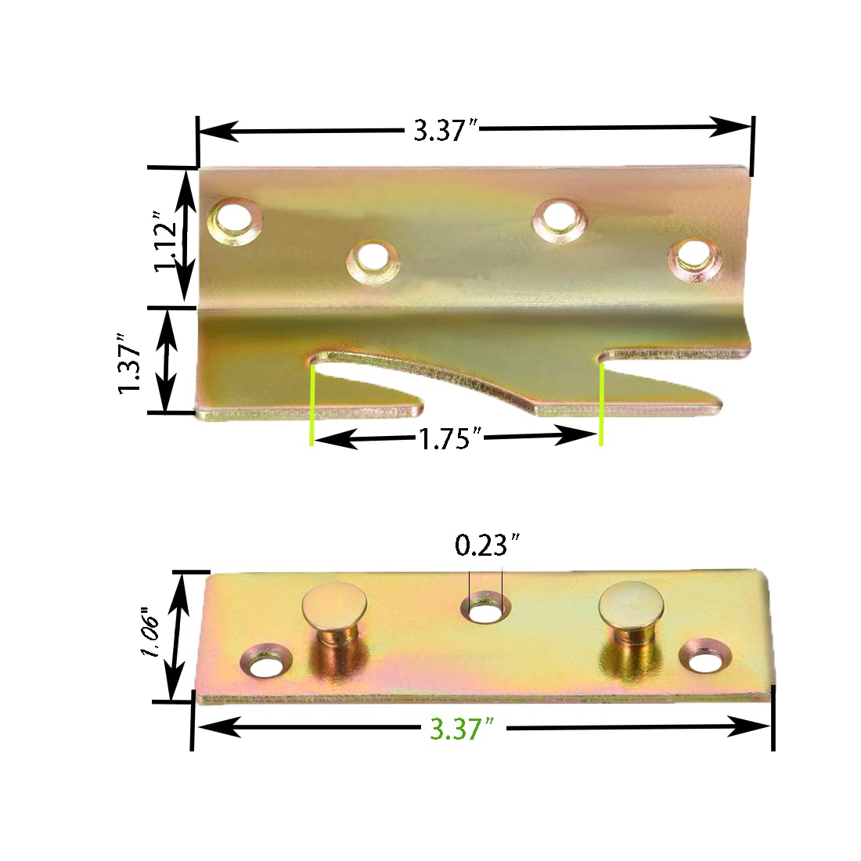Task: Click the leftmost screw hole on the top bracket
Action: (233, 218)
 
